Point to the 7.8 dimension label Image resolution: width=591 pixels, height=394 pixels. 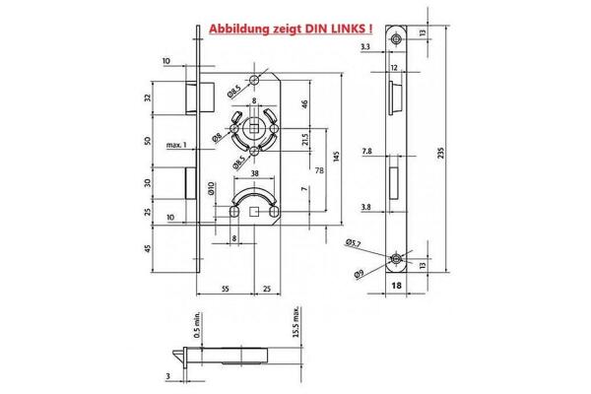point(366,152)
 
